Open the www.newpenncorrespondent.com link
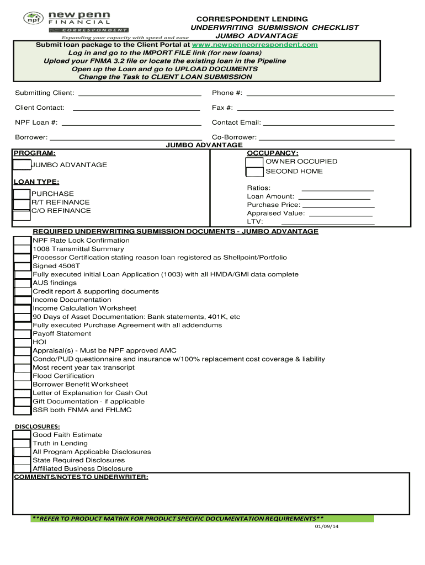point(254,45)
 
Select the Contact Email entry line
point(328,123)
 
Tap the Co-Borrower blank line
point(326,138)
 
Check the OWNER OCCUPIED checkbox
point(254,162)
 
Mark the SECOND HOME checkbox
point(254,172)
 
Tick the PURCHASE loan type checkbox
point(22,194)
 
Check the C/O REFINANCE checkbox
point(22,211)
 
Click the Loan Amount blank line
point(334,197)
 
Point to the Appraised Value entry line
point(341,214)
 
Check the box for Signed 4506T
point(22,266)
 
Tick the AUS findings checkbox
point(22,283)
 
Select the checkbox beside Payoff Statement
point(22,334)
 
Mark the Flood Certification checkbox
point(22,376)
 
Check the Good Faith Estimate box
point(22,435)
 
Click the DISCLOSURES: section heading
point(37,427)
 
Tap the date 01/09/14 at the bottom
point(326,526)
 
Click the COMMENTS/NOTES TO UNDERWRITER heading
point(81,477)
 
